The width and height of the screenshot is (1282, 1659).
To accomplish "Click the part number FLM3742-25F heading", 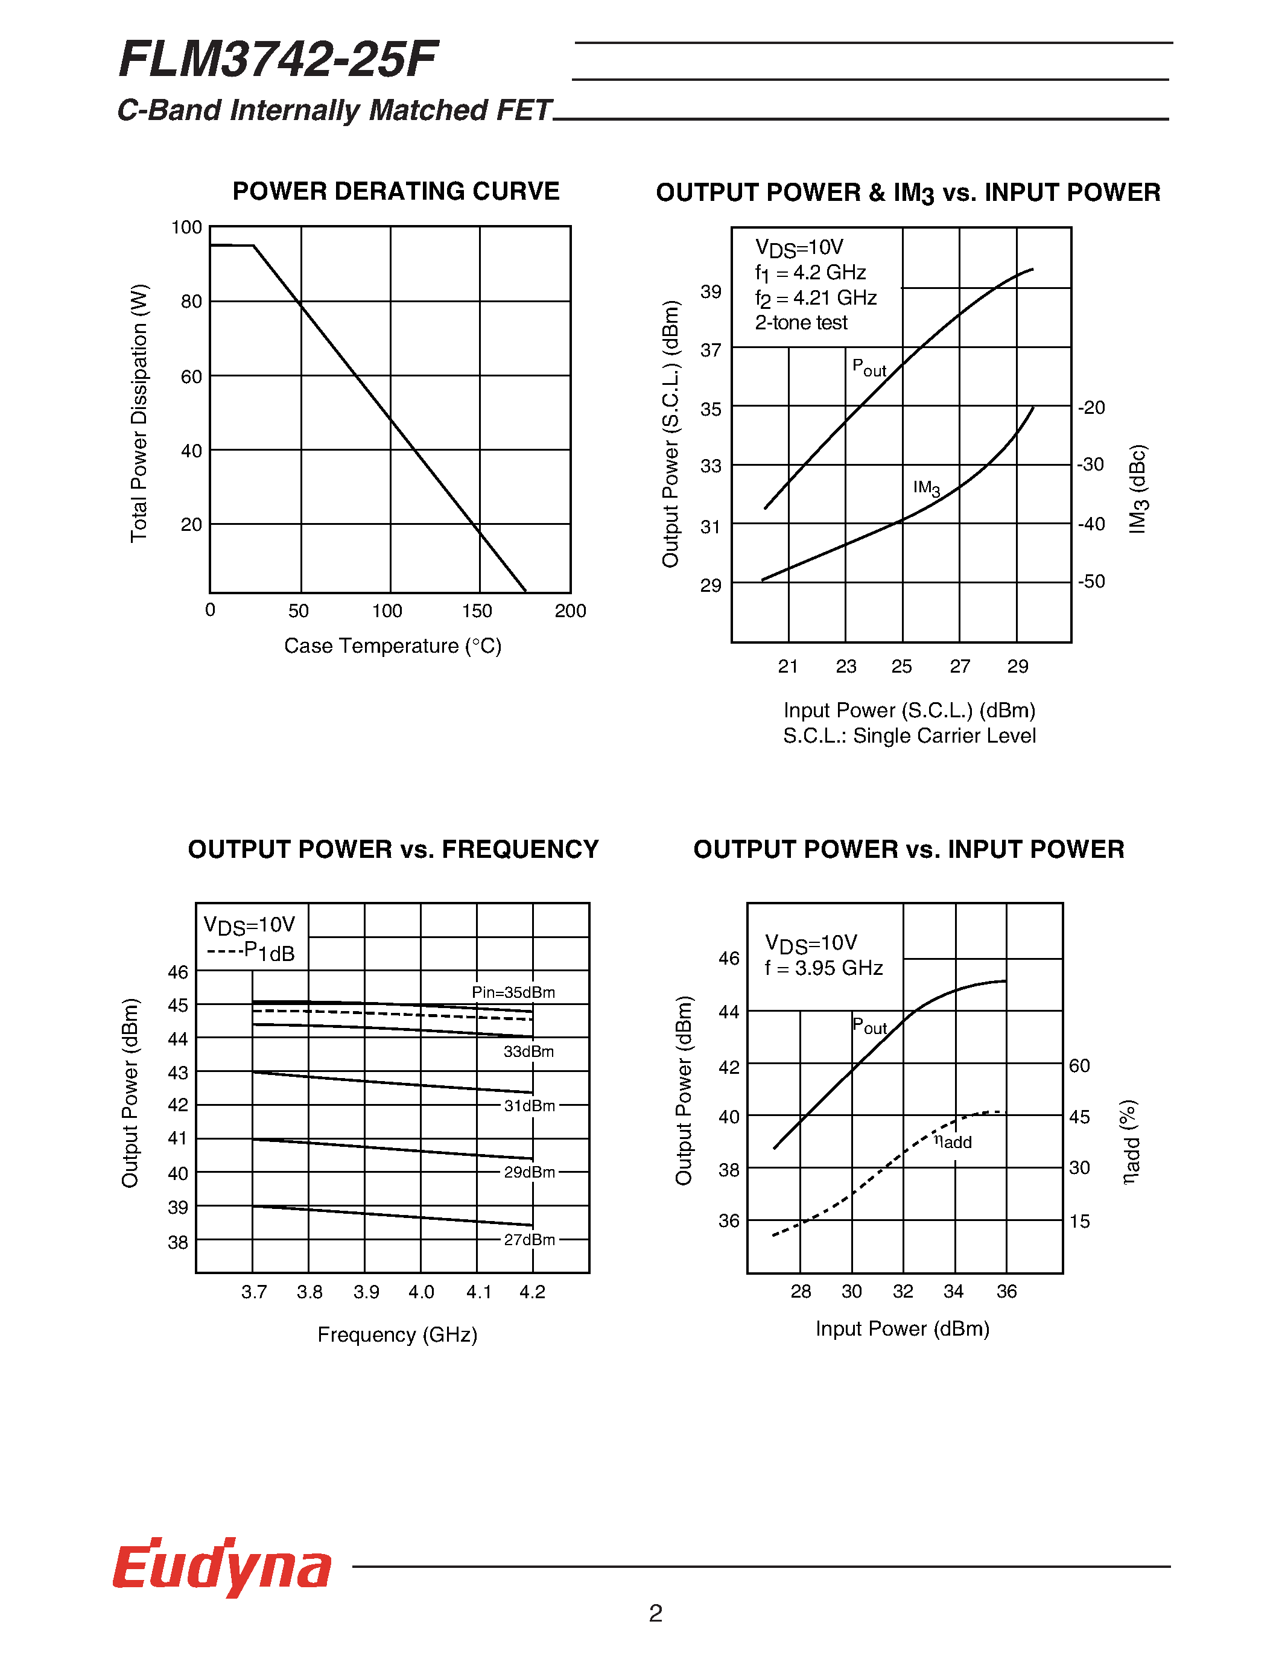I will coord(278,60).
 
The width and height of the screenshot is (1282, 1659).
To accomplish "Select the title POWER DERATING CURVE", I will coord(396,191).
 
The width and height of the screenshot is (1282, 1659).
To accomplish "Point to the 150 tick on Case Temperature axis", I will coord(477,611).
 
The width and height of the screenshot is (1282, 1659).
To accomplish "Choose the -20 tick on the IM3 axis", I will coord(1091,408).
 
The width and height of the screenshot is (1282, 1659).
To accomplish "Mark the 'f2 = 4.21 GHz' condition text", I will coord(816,298).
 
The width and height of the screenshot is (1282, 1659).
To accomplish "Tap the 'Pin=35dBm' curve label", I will coord(513,992).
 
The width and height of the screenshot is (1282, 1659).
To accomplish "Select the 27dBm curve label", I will coord(529,1240).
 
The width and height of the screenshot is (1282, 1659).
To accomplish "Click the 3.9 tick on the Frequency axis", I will coord(366,1292).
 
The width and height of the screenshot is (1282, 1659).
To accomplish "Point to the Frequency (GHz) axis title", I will coord(397,1334).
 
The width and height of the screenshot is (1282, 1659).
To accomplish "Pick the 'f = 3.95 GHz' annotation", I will coord(823,968).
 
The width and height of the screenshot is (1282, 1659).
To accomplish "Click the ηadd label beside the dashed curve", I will coord(953,1142).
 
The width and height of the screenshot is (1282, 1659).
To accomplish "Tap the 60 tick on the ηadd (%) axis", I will coord(1079,1066).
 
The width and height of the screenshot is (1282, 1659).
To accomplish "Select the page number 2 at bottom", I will coord(655,1613).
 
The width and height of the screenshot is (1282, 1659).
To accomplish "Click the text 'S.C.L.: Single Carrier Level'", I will coord(909,736).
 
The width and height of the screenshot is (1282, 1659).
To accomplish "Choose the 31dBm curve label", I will coord(529,1106).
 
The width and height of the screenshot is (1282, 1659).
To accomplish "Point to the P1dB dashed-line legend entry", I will coord(250,952).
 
